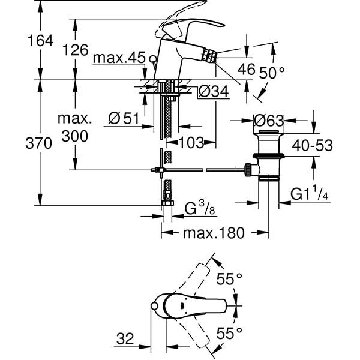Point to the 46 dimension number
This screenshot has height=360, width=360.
246,69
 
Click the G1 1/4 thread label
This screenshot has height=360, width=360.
310,194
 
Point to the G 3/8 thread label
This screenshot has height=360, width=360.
197,209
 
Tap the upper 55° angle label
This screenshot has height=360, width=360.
229,279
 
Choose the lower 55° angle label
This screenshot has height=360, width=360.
229,332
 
